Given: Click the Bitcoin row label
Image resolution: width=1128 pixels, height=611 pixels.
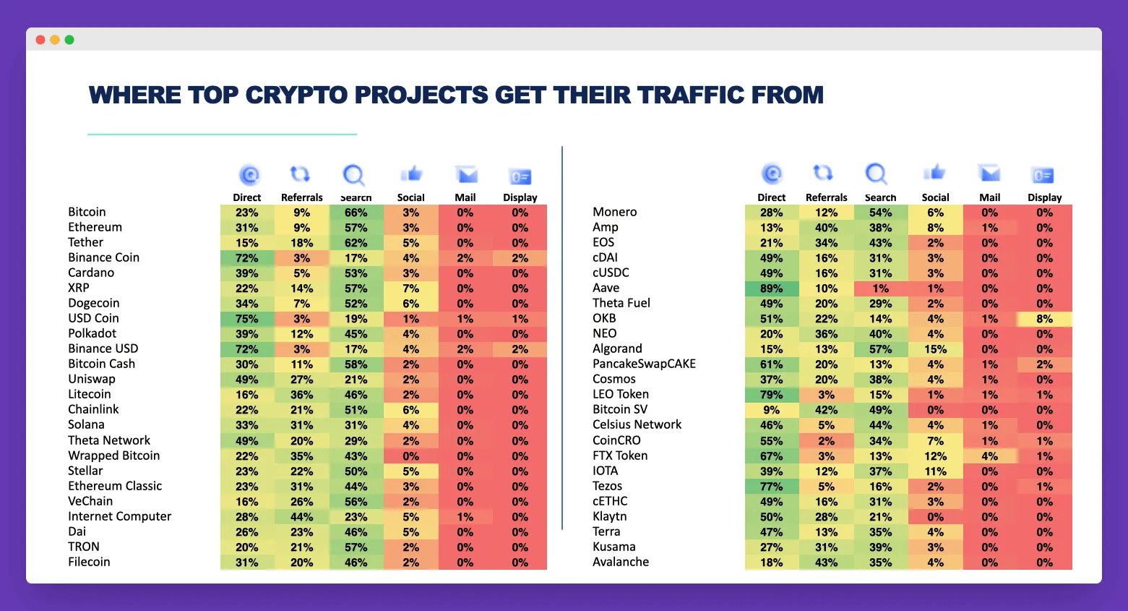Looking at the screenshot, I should point(87,212).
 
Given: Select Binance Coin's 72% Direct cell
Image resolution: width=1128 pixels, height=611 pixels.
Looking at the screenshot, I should point(246,258).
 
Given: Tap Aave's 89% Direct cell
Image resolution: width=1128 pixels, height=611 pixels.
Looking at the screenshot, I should point(771,289).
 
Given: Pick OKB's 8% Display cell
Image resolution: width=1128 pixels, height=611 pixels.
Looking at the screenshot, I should point(1044,319).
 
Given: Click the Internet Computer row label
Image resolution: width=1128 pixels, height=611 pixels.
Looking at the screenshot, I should point(119,516).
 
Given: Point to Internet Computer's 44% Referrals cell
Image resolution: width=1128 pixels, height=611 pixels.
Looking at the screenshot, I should point(301,517).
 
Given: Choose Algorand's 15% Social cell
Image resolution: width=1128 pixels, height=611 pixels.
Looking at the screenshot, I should point(935,349).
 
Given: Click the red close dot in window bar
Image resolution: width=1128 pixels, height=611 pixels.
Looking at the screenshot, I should point(40,40).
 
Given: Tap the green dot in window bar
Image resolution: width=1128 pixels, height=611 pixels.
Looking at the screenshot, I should point(69,40).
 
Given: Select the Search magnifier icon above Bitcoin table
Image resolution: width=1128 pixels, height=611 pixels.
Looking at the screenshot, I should point(353,175).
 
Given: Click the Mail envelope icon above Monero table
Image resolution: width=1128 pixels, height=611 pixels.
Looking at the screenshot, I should point(989,174).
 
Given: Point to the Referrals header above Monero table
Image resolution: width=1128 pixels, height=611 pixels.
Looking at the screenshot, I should point(826,197).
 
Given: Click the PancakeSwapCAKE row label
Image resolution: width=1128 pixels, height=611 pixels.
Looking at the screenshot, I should point(644,364).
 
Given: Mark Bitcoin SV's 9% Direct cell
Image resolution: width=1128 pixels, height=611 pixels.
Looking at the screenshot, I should point(771,410).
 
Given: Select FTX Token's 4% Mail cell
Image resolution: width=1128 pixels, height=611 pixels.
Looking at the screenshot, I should point(989,456).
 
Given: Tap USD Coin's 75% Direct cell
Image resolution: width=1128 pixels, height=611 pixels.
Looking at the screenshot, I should point(246,319).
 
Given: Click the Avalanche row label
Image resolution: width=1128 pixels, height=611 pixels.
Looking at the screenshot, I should point(621,562).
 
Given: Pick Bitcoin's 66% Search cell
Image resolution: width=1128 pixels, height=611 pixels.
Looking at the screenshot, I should point(356,213).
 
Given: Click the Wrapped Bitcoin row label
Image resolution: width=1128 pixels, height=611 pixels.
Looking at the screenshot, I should point(113,456).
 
